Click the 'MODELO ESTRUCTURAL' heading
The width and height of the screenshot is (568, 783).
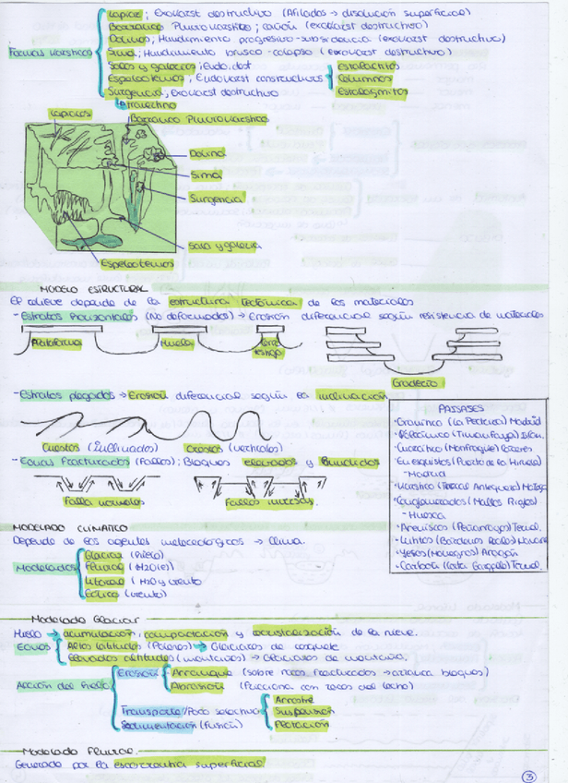(84, 289)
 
